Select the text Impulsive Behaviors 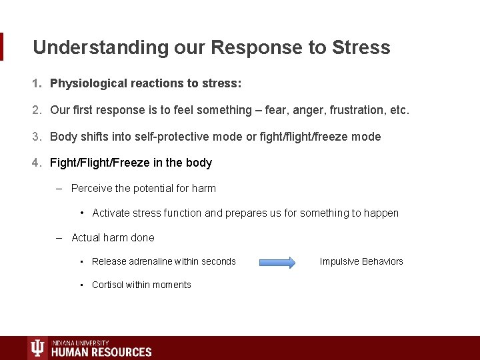361,261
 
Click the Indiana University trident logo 38,348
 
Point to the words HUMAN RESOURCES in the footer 101,351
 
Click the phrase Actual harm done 113,237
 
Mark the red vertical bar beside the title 2,47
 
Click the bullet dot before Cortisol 81,285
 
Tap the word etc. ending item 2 397,110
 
